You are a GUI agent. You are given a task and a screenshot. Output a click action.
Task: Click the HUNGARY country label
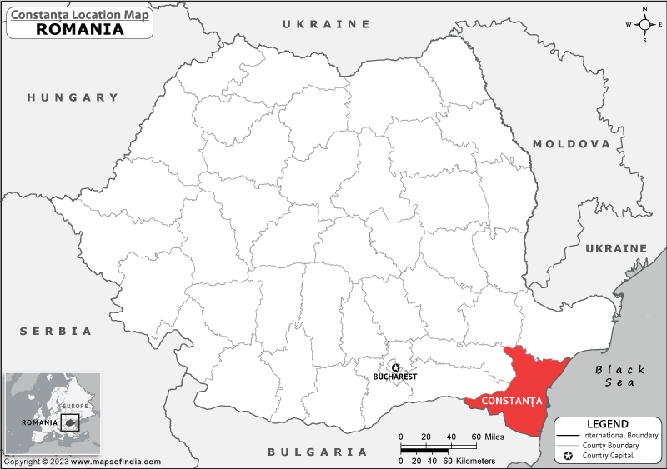point(73,97)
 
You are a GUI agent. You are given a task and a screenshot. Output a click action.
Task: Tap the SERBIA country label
point(57,331)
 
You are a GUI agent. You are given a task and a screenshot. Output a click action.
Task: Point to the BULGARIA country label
point(317,452)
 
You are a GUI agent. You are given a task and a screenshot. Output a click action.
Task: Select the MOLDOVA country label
point(572,144)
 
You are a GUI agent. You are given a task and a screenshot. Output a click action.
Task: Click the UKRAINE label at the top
point(326,25)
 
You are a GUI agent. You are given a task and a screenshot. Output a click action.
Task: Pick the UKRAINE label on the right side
point(615,248)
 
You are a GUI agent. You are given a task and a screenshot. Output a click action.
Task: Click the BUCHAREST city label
point(395,377)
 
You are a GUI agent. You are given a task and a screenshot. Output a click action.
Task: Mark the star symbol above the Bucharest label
point(396,366)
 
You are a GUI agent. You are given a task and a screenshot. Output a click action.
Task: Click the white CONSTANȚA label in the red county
point(512,400)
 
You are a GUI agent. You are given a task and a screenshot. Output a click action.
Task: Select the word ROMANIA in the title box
point(79,28)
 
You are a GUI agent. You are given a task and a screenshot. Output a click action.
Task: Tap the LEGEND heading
point(608,424)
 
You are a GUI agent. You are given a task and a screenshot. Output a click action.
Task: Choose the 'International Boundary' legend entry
point(619,436)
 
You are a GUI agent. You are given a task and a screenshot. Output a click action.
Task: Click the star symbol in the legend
point(568,456)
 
